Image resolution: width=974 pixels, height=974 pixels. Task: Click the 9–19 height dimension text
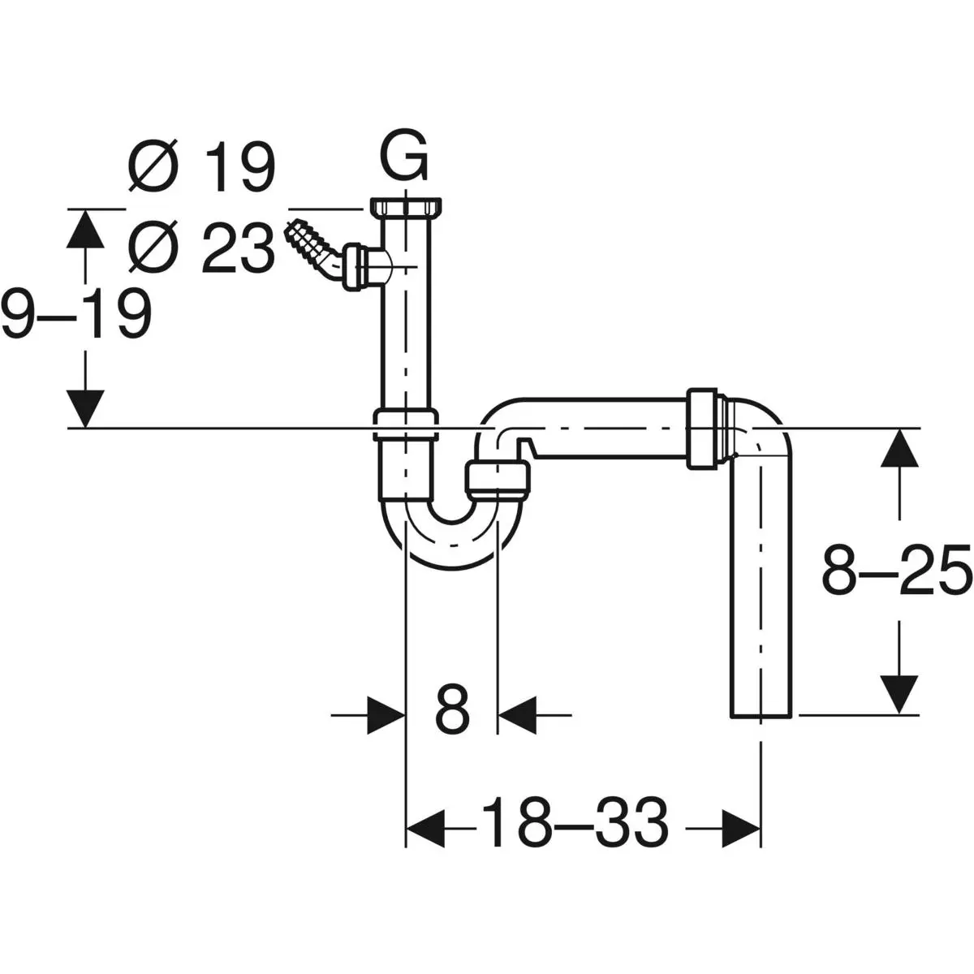pyautogui.click(x=77, y=314)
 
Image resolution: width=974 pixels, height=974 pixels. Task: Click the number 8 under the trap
pyautogui.click(x=452, y=709)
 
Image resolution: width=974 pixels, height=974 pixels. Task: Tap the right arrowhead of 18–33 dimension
pyautogui.click(x=741, y=828)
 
